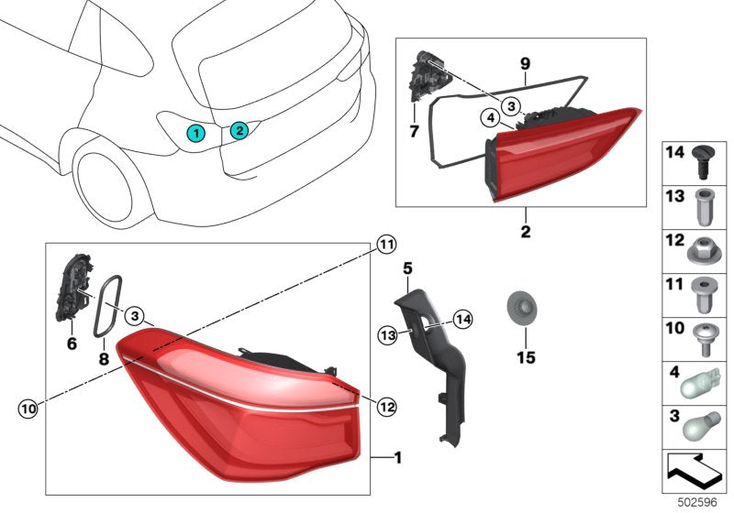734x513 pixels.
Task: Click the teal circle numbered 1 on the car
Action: coord(195,133)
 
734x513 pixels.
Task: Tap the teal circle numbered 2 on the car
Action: coord(238,130)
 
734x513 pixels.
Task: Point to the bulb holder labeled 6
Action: coord(73,286)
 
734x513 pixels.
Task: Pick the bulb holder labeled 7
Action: coord(425,81)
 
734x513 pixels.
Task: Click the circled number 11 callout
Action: coord(385,244)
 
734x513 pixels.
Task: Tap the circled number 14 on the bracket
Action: coord(461,319)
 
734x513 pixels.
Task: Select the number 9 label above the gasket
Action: coord(525,63)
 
